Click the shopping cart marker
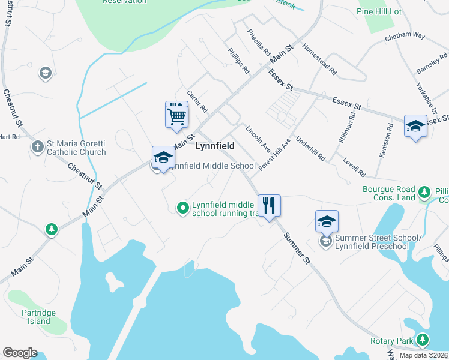176,114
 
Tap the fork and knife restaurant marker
270,206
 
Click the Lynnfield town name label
214,146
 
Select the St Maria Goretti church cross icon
37,146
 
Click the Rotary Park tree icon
423,340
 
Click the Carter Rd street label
197,101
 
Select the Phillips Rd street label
239,61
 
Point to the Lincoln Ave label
259,139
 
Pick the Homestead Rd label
319,58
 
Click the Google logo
20,353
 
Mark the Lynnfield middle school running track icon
183,208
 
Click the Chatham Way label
405,35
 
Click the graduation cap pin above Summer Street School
327,221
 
